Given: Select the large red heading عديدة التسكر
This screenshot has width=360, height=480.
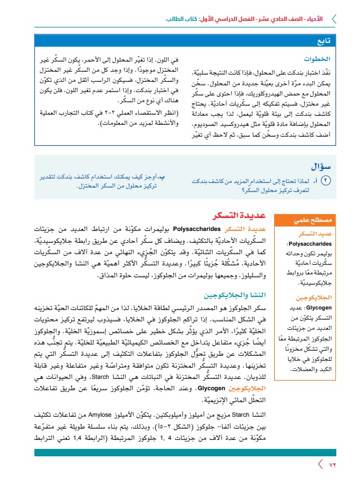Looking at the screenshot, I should coord(234,215).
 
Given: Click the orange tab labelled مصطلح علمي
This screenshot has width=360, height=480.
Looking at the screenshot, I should coord(308,221).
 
